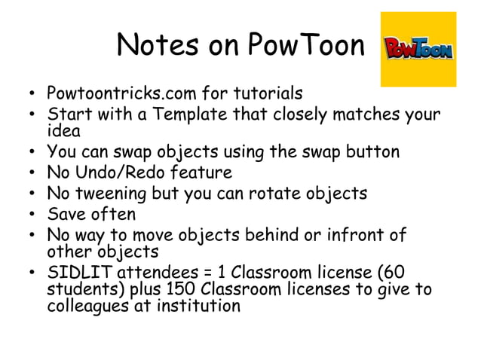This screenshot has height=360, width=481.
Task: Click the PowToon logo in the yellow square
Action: click(419, 50)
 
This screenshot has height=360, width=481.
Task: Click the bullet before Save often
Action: click(32, 215)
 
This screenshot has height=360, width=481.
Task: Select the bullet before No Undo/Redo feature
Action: click(32, 173)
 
